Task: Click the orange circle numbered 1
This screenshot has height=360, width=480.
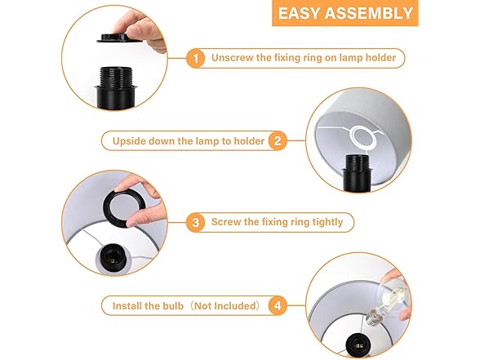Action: [196, 58]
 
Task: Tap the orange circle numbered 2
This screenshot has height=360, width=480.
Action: [278, 140]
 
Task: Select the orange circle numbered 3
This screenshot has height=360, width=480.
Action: [196, 222]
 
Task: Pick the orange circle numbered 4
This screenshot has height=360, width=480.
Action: [278, 305]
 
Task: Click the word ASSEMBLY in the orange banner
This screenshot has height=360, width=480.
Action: [369, 13]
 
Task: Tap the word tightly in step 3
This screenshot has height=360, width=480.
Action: [327, 222]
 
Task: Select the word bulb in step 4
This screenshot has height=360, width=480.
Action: [173, 306]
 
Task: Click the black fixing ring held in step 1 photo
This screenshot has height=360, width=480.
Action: [119, 38]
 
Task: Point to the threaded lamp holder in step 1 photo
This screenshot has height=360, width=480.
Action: [115, 87]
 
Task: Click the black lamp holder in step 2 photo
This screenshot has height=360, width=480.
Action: [357, 173]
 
